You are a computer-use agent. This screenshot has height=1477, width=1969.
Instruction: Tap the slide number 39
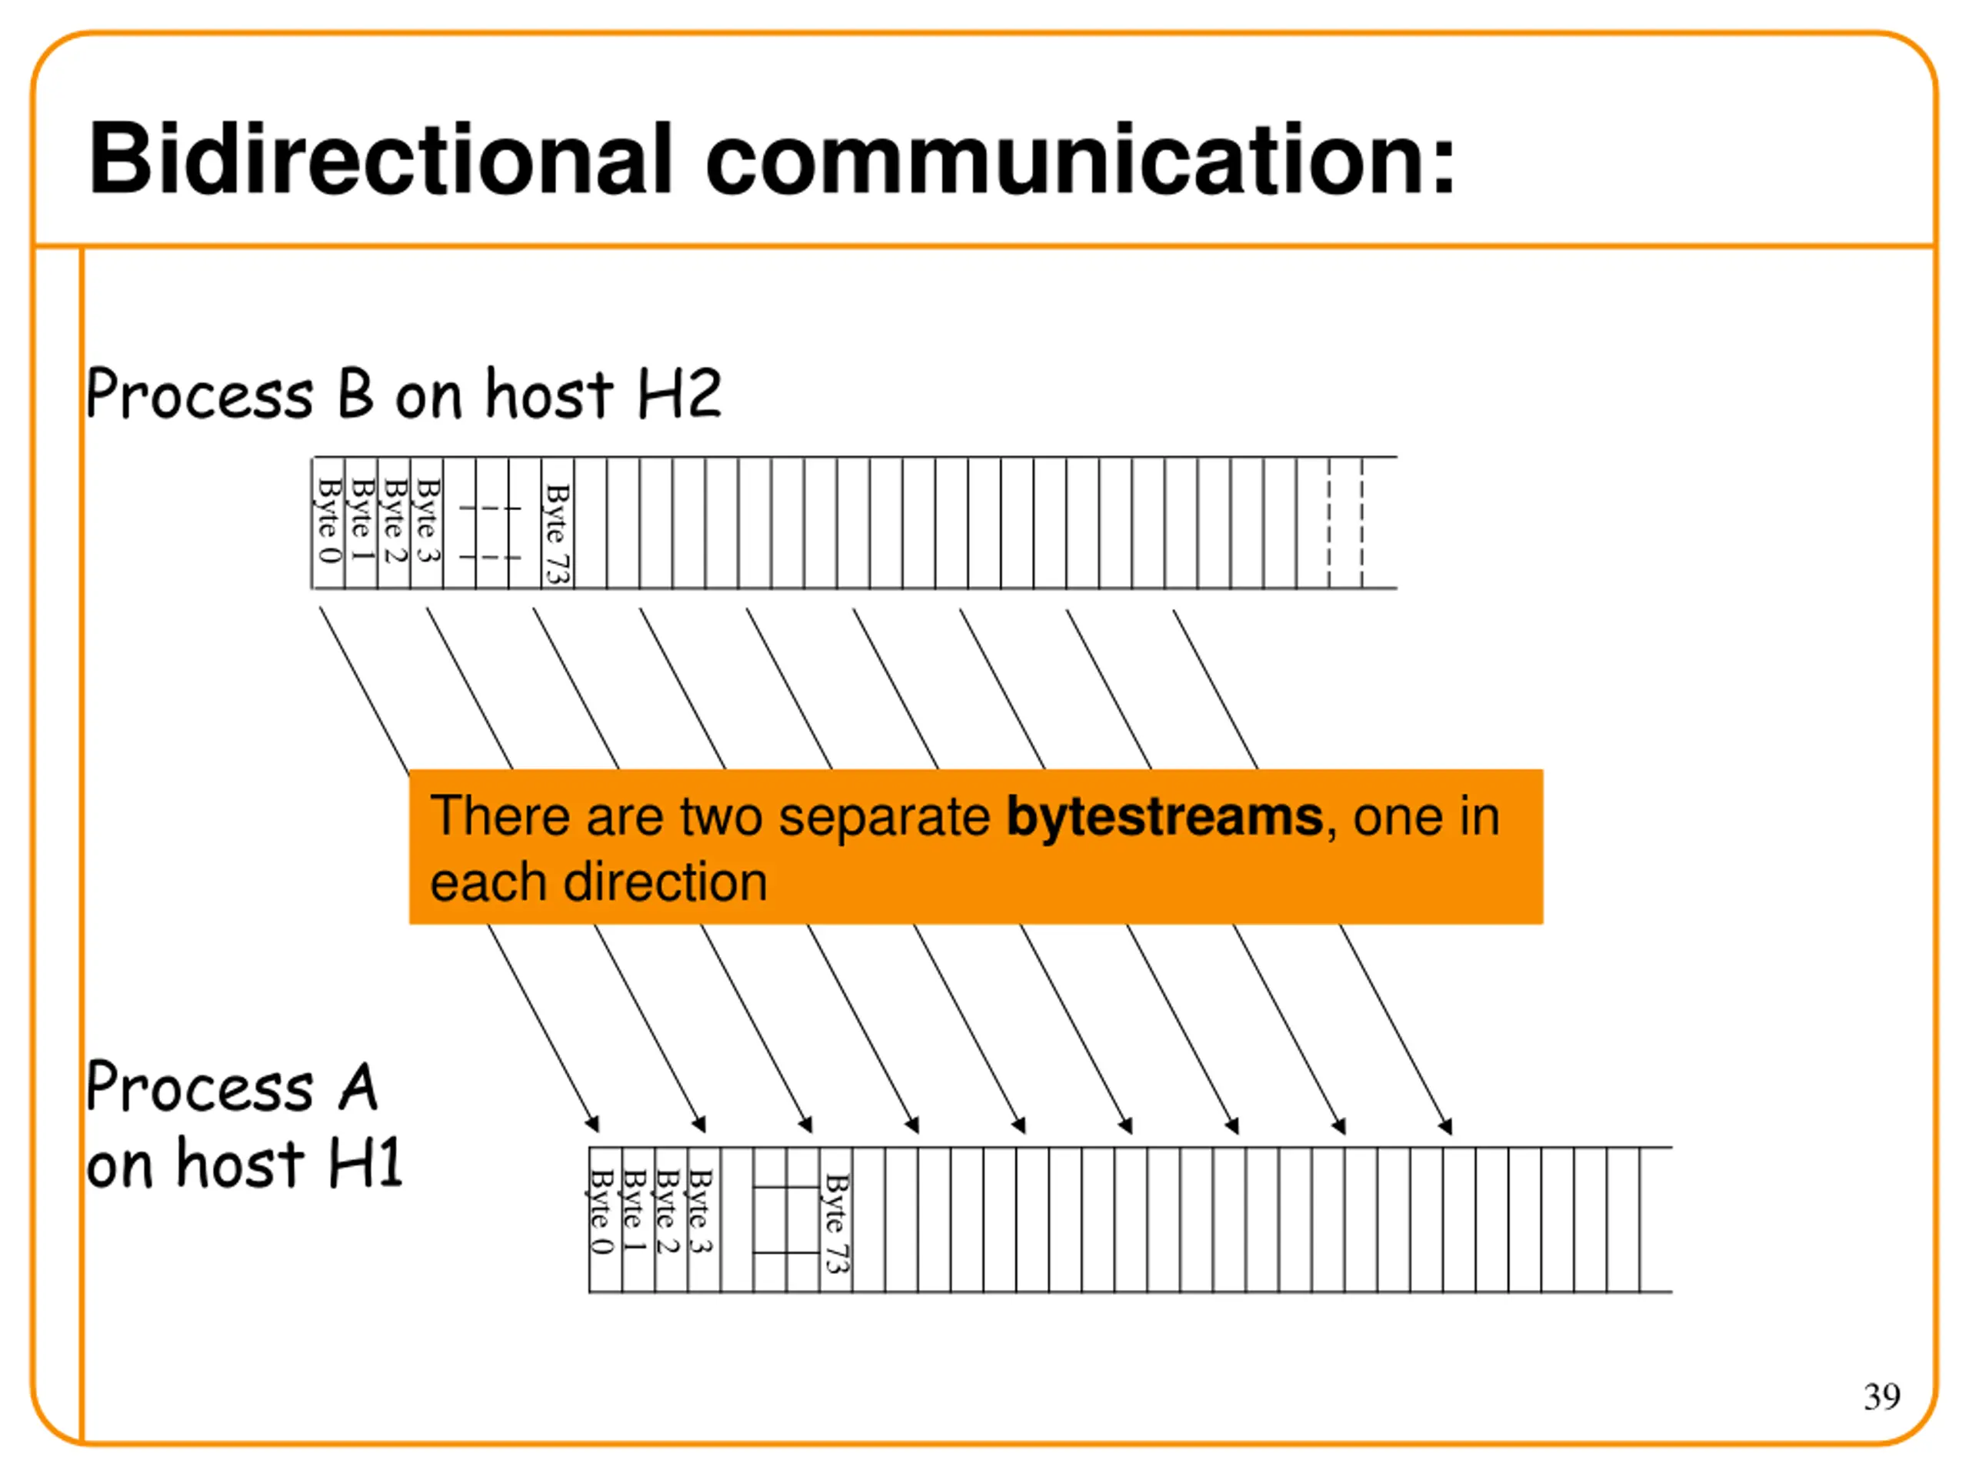pos(1882,1396)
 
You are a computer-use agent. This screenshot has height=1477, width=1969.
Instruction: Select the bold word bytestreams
pos(1164,816)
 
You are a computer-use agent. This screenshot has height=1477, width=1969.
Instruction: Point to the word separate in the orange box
pos(884,816)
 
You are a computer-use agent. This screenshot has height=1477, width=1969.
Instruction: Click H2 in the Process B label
pos(679,395)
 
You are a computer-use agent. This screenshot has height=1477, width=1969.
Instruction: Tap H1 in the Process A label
pos(365,1164)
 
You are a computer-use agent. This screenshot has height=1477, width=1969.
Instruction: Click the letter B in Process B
pos(355,395)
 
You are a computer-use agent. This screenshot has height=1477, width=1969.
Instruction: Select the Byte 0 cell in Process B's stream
pos(328,522)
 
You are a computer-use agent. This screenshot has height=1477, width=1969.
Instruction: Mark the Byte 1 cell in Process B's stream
pos(361,522)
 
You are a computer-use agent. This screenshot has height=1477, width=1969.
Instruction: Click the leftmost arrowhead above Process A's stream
pos(592,1124)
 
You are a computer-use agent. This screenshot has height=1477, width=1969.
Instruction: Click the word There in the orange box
pos(500,816)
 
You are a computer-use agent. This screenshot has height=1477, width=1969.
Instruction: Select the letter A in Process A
pos(358,1087)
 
